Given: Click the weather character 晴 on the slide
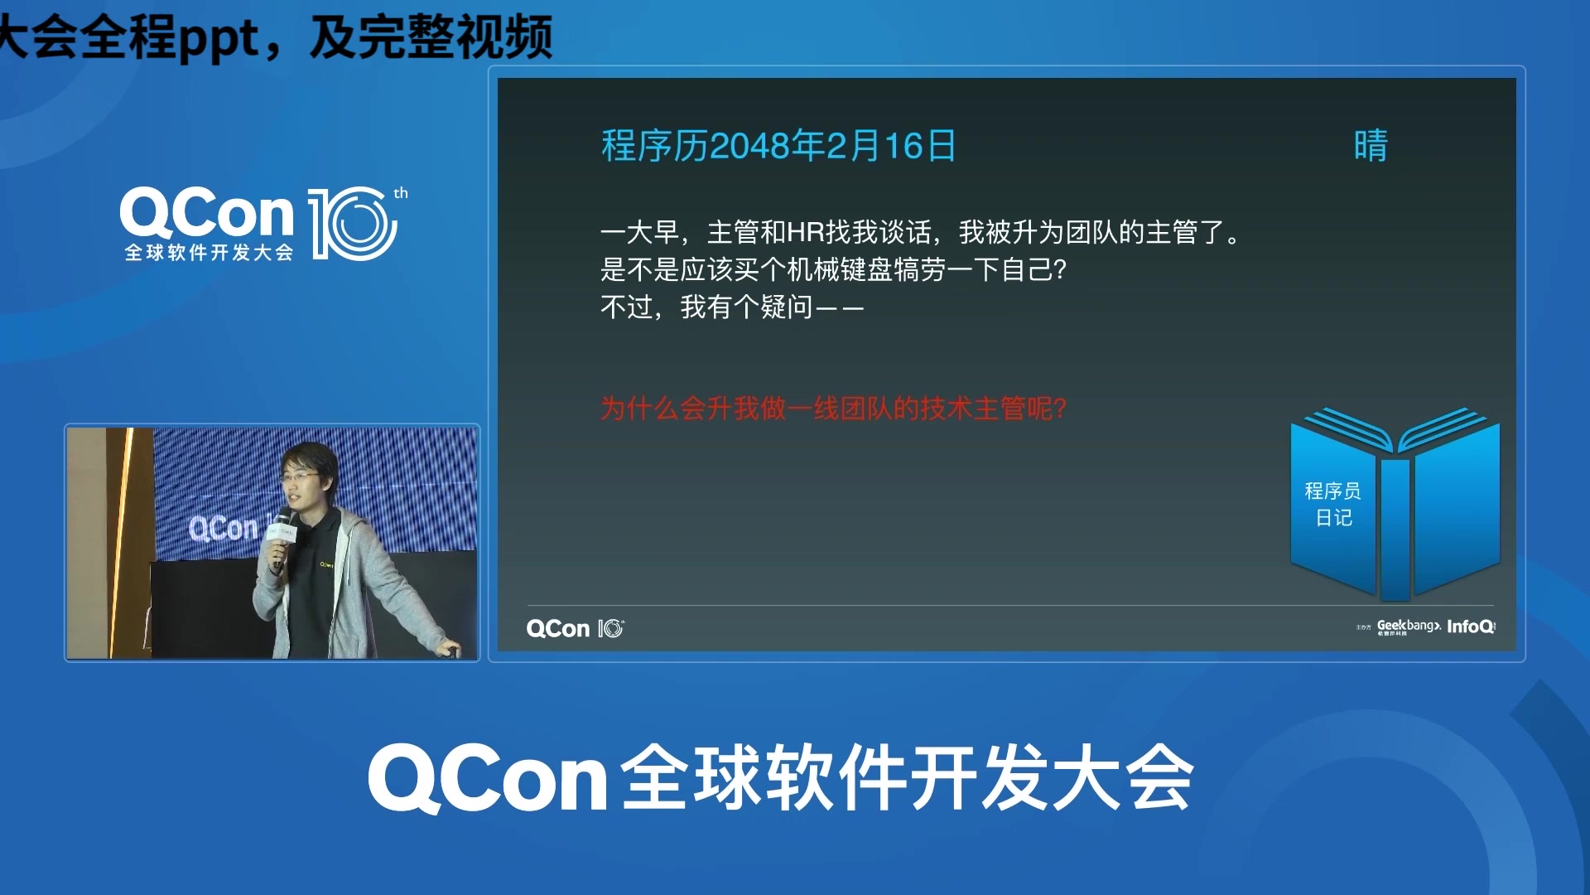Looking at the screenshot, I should point(1371,146).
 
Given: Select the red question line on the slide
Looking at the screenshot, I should point(833,409).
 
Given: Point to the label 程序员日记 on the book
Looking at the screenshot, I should point(1332,504).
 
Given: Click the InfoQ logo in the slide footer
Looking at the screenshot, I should point(1471,626).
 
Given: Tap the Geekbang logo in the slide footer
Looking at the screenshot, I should point(1408,626).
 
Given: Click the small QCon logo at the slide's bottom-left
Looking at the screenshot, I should point(575,629).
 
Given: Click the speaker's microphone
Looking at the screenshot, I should point(282,531).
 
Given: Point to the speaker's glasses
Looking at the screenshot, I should point(300,477).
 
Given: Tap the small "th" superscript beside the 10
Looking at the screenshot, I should point(401,194).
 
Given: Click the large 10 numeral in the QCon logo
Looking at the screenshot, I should point(352,224).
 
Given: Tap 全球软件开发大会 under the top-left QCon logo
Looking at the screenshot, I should point(210,253).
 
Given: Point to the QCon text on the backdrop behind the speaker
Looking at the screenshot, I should point(224,528).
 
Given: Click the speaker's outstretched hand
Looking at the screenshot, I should point(448,651).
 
